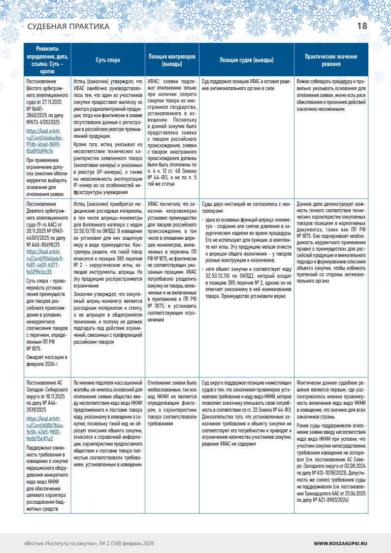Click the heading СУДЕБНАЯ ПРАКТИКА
click(68, 27)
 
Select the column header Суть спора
click(107, 60)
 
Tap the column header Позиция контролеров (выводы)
click(172, 60)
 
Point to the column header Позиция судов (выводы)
click(246, 60)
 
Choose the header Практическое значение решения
click(330, 60)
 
